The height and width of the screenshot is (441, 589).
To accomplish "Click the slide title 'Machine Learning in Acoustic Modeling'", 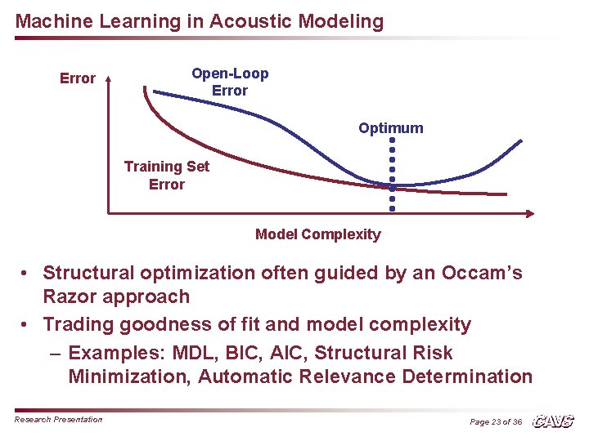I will [199, 22].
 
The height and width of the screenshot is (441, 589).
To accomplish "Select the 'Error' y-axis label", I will [78, 78].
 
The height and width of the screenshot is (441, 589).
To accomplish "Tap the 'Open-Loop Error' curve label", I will [230, 82].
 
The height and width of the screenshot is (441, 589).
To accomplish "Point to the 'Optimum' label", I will [390, 128].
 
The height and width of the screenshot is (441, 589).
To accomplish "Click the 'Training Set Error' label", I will [166, 175].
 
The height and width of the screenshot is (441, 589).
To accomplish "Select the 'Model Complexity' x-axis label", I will [317, 234].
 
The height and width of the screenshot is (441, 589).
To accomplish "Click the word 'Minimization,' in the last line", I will [130, 376].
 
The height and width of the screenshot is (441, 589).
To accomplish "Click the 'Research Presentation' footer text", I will [58, 420].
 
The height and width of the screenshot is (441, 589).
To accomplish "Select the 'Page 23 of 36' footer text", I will [495, 421].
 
